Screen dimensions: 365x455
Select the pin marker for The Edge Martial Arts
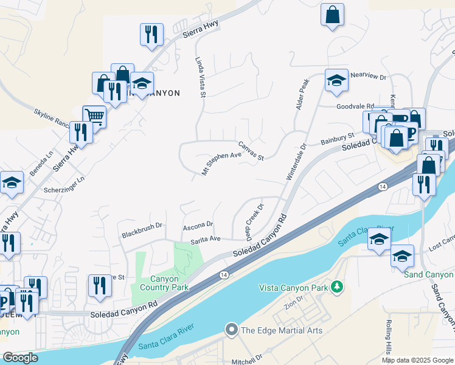pyautogui.click(x=231, y=330)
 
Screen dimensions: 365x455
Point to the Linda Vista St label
pyautogui.click(x=201, y=78)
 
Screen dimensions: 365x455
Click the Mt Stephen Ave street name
pyautogui.click(x=221, y=164)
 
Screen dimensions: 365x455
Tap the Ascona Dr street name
pyautogui.click(x=198, y=225)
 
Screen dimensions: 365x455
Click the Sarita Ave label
pyautogui.click(x=206, y=239)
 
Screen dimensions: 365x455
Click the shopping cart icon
pyautogui.click(x=94, y=116)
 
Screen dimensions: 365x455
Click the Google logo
pyautogui.click(x=20, y=358)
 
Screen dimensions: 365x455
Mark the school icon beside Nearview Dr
pyautogui.click(x=336, y=82)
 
